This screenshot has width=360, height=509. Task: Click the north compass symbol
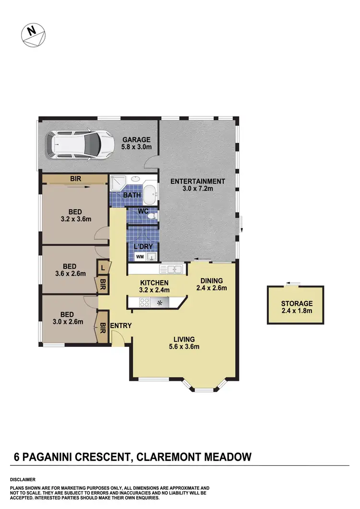(32, 35)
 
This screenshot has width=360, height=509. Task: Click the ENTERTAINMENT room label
(197, 181)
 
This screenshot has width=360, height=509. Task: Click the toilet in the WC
(152, 217)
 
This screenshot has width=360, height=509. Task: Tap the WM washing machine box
(140, 257)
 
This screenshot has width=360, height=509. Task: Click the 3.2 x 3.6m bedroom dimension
(75, 219)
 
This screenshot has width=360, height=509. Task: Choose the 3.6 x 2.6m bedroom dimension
(70, 274)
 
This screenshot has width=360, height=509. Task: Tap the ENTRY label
(121, 326)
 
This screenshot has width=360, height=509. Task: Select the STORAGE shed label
(297, 303)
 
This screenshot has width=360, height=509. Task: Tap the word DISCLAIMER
(22, 479)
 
